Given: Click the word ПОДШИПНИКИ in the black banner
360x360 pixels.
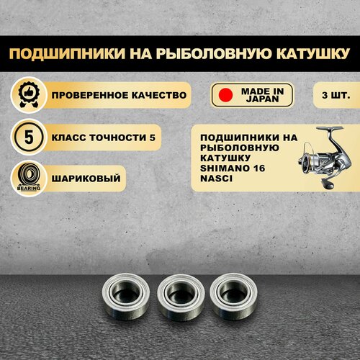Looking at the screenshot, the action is (x=67, y=53).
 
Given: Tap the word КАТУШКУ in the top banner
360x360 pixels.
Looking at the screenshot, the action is (x=312, y=53).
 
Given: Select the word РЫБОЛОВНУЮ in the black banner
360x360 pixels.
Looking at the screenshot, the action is (x=212, y=53).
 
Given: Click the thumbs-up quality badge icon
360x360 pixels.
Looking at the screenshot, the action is (x=29, y=95).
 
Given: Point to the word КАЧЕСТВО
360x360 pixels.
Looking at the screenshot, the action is (x=159, y=95).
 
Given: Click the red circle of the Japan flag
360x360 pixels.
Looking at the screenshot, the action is (x=225, y=95).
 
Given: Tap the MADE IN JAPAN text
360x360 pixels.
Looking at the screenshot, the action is (x=263, y=95).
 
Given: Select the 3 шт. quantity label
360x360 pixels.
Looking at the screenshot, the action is (x=336, y=95).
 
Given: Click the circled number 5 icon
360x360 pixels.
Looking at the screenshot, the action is (x=29, y=138).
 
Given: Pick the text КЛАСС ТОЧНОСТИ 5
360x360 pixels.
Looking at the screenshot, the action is (x=104, y=138).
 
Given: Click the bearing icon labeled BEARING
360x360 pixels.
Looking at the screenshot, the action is (x=29, y=178).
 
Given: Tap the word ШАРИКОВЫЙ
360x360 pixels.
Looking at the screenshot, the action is (x=86, y=179).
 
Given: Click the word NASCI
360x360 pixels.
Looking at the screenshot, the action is (x=216, y=179).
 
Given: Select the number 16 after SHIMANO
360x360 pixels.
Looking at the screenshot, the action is (x=258, y=168).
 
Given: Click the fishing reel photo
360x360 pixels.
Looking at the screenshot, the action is (x=325, y=157).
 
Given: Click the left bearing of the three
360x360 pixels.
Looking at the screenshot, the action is (x=126, y=297).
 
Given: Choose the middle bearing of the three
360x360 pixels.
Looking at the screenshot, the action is (x=181, y=297).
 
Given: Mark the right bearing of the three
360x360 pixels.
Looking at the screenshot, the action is (x=233, y=297).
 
